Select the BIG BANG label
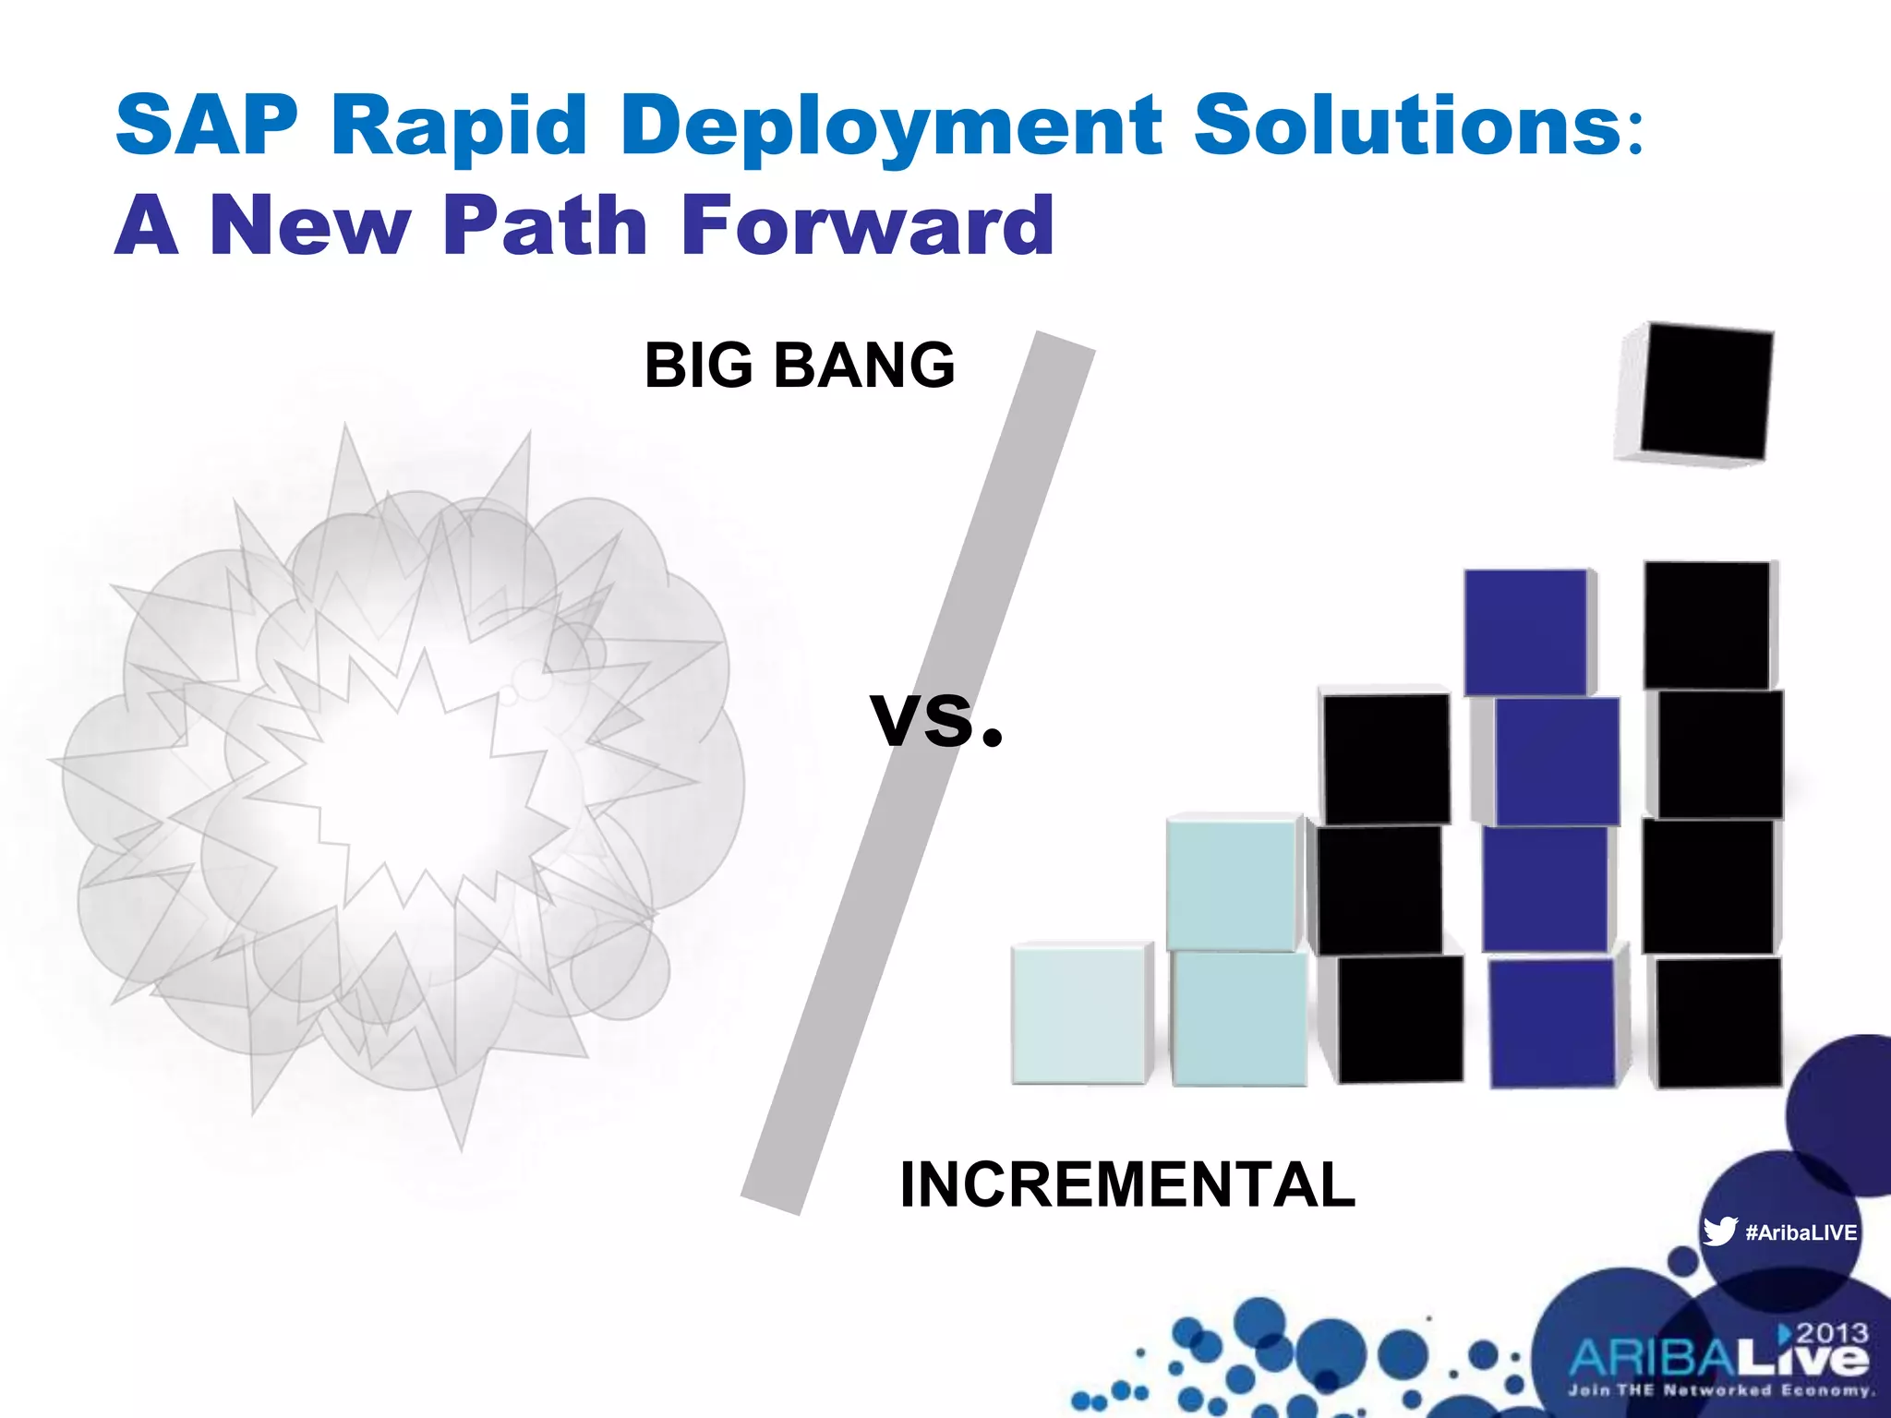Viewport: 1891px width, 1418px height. [x=800, y=366]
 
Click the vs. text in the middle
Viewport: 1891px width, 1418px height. [x=934, y=720]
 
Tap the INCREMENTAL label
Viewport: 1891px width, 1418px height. [x=1127, y=1184]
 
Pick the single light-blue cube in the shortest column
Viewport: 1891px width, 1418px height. [x=1078, y=1014]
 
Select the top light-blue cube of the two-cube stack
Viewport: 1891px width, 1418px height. [x=1232, y=883]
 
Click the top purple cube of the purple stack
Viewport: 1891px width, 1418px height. [x=1527, y=631]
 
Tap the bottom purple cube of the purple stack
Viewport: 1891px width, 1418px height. [x=1553, y=1023]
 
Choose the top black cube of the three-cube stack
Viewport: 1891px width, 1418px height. [x=1385, y=757]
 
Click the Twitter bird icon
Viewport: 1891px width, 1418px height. [x=1719, y=1232]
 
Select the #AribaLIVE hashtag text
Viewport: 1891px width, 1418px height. [x=1801, y=1232]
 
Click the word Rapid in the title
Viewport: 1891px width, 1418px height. [x=459, y=126]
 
